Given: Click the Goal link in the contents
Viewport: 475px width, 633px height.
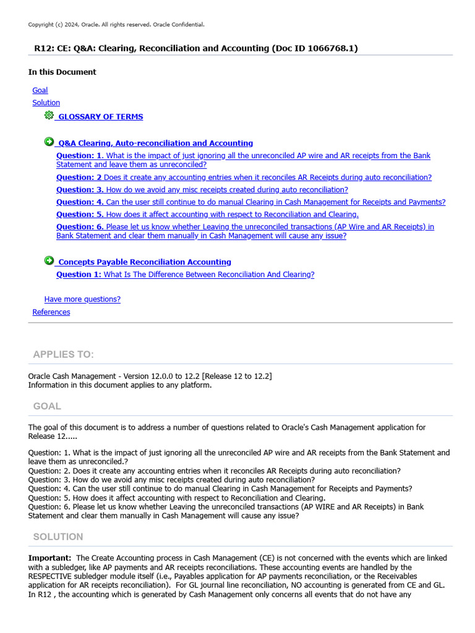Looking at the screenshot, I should point(40,90).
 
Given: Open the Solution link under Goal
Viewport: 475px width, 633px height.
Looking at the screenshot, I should point(46,103).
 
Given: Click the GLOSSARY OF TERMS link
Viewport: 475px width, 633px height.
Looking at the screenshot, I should point(100,117).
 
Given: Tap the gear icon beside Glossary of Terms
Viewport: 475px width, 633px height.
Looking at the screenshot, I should point(49,116).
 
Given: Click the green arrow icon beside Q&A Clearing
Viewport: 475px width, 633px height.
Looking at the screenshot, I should point(49,142).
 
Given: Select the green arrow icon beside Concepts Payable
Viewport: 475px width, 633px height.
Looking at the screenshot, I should point(49,261).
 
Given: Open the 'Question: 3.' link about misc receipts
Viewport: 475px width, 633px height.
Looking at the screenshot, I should point(202,190).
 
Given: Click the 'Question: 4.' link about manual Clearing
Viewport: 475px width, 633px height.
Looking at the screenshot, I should point(250,202).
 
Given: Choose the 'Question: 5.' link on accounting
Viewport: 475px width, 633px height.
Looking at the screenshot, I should point(207,215).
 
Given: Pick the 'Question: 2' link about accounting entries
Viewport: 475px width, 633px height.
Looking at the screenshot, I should point(244,177).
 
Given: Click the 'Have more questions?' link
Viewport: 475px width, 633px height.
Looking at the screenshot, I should point(82,299).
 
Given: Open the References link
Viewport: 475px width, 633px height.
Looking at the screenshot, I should point(51,312).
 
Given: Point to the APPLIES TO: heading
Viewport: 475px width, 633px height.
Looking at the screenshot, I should point(63,354).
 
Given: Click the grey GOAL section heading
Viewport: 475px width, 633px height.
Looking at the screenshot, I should point(47,406).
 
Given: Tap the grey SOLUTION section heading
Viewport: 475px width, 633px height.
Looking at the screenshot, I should point(58,537).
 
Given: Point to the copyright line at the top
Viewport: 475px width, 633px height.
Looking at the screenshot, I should point(116,25).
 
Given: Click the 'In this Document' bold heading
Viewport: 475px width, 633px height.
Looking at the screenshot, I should point(62,72).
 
